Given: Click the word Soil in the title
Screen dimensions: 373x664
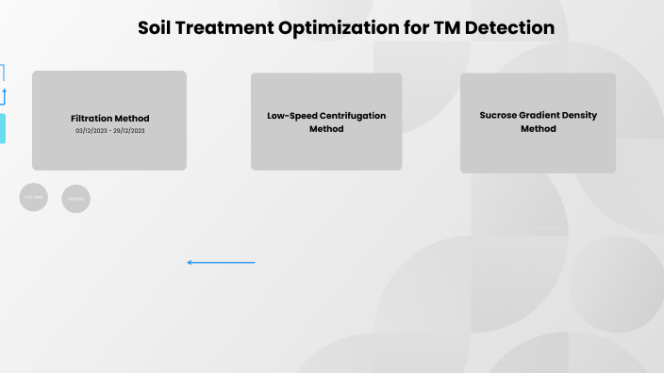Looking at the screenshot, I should (157, 28).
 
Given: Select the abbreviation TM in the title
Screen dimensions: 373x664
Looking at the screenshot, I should (447, 28).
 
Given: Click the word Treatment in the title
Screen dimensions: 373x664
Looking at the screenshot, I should (226, 28).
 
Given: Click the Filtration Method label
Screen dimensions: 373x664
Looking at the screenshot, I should (109, 119).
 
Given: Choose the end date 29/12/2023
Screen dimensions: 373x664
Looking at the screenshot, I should (129, 131).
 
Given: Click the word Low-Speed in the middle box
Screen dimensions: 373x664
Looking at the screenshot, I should (290, 116).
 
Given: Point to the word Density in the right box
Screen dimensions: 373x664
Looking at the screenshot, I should (576, 116).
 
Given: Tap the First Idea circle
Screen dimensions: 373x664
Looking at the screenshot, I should (33, 197).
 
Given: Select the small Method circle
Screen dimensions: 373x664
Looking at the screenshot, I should (76, 199).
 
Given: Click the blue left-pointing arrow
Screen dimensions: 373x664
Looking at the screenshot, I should (221, 262).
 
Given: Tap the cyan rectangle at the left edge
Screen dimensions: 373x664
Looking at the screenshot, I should (2, 128).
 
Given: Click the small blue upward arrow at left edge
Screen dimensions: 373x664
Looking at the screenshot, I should (3, 95).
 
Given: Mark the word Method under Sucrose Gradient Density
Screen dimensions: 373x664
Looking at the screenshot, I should (538, 129).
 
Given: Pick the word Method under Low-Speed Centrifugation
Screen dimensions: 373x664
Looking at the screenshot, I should (326, 129).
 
